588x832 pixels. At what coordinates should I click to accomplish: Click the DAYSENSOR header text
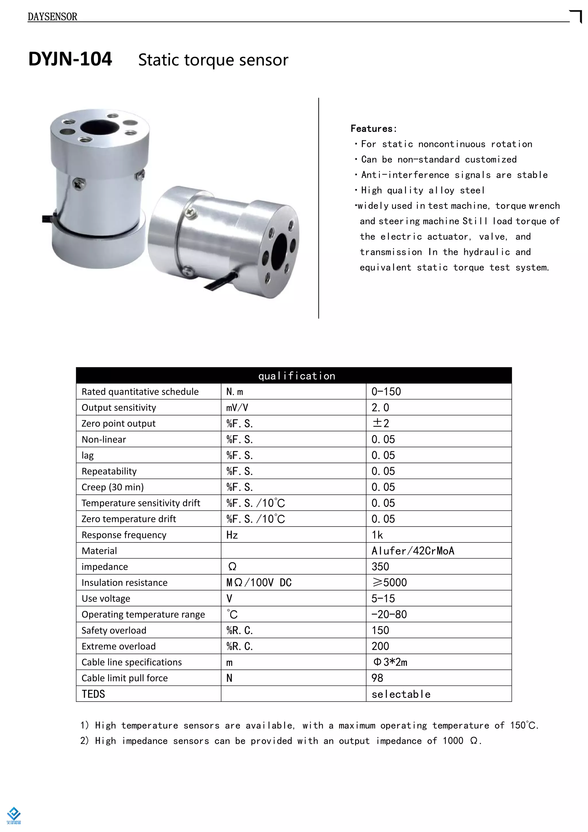tap(53, 17)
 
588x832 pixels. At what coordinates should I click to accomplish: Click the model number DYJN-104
tap(70, 59)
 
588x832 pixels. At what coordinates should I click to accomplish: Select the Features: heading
tap(374, 129)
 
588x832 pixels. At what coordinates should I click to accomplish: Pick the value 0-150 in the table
tap(386, 392)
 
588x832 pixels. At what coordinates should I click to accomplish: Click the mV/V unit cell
tap(237, 408)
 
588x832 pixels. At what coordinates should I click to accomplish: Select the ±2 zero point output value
tap(380, 423)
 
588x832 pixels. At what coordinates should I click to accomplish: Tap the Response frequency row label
tap(124, 535)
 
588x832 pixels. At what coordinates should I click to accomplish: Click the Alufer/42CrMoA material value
tap(413, 551)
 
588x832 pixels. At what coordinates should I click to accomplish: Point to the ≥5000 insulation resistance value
tap(389, 583)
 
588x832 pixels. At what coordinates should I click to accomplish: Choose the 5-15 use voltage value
tap(383, 599)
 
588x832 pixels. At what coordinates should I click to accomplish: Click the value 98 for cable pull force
tap(377, 678)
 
